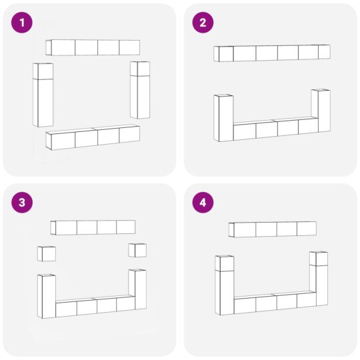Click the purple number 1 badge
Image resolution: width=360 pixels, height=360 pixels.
[x=22, y=23]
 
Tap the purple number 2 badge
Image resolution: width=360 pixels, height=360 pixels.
[x=203, y=23]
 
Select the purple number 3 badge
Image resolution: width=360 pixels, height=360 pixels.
[x=22, y=203]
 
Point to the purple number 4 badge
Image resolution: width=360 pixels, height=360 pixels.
[x=203, y=203]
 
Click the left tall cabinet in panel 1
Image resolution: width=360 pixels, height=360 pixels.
[x=43, y=95]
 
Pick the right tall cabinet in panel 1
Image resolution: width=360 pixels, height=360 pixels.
[x=140, y=90]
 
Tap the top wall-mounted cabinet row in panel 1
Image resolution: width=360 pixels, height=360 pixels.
[x=93, y=47]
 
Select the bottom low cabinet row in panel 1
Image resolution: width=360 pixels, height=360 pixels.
[x=93, y=137]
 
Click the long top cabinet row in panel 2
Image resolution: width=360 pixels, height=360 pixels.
[x=272, y=53]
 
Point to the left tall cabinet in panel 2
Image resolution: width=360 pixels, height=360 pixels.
[x=223, y=118]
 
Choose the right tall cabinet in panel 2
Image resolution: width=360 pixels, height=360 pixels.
[x=321, y=111]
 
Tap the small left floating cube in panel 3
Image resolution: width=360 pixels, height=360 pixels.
[x=47, y=254]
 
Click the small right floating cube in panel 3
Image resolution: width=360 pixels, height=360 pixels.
[x=137, y=250]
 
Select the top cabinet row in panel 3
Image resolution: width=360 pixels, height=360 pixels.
[x=93, y=227]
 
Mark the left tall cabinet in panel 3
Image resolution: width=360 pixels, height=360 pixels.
[x=47, y=296]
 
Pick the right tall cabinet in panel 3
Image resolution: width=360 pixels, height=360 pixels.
[x=137, y=289]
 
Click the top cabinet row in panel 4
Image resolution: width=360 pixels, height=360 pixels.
[x=273, y=229]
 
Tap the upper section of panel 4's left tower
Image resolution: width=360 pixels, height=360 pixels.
[x=225, y=263]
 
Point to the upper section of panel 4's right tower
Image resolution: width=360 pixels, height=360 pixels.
[x=319, y=259]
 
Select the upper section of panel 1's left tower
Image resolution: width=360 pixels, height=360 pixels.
[x=43, y=71]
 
